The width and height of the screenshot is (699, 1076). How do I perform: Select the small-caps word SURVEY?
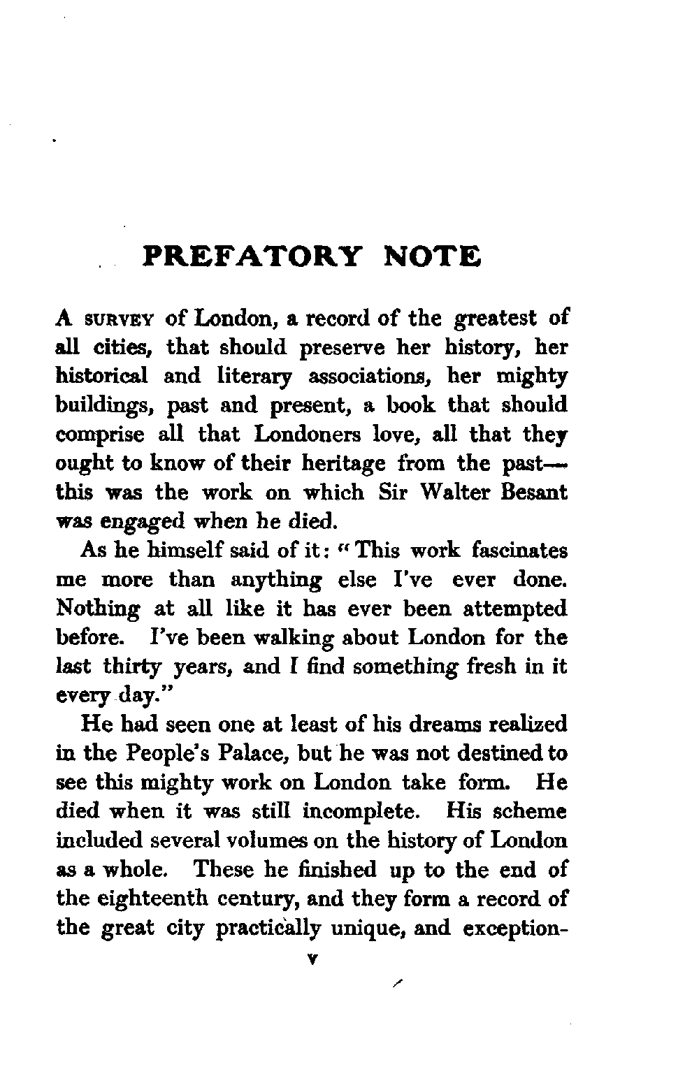121,320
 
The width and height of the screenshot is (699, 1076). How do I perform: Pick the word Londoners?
312,434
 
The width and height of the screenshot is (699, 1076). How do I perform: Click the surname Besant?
535,492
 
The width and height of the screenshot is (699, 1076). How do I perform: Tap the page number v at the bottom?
312,961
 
